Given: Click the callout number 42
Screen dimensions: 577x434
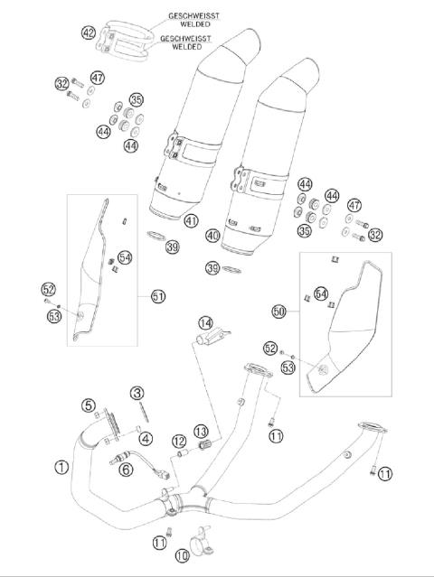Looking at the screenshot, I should point(88,33).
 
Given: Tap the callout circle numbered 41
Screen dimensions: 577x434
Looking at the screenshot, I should point(190,220).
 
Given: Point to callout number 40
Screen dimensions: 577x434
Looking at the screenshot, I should point(212,236).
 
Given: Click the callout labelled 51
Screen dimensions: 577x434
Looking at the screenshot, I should point(159,295).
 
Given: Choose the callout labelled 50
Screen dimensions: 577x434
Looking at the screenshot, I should point(279,310).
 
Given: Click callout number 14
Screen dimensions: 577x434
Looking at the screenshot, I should point(206,322).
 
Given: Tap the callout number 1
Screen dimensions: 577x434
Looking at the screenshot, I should point(61,467).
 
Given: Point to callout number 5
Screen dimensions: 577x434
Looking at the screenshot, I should point(88,405).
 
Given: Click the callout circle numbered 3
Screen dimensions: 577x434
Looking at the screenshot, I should point(137,393).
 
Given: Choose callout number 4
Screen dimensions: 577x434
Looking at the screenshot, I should point(145,439).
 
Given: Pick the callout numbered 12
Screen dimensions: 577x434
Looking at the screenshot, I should point(178,441).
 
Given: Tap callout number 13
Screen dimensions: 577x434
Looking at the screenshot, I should point(200,431).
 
